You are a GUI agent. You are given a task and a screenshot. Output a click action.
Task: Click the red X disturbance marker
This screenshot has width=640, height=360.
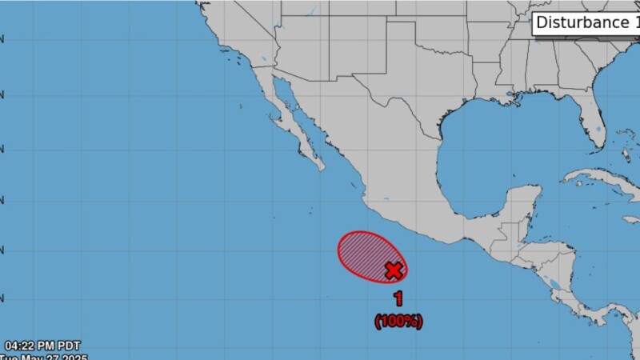point(393,270)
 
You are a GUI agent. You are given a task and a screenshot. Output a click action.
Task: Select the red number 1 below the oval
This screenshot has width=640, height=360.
point(398,299)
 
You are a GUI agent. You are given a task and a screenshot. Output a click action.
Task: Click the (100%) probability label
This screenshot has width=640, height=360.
point(398,321)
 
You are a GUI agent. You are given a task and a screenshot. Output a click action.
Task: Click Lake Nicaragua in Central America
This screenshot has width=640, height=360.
point(551,282)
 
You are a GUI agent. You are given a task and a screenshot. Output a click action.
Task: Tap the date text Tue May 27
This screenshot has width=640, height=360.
point(44,358)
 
